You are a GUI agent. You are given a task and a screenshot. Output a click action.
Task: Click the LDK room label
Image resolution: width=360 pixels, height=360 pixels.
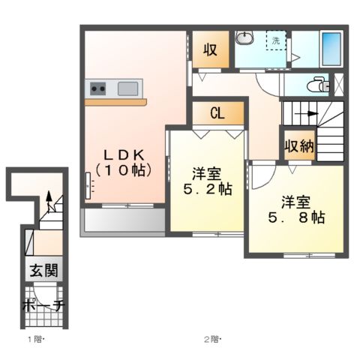click(124, 163)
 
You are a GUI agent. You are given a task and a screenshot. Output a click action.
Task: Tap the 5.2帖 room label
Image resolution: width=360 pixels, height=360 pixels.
click(208, 181)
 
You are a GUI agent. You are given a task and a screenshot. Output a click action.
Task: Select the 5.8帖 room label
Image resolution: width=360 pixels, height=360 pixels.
click(296, 210)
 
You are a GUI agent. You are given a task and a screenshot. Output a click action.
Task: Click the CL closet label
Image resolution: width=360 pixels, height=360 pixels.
click(217, 113)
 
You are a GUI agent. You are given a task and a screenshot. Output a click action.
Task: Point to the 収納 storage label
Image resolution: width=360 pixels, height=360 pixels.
click(300, 145)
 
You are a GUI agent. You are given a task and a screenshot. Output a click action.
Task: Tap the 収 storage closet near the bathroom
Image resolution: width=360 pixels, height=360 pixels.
click(210, 50)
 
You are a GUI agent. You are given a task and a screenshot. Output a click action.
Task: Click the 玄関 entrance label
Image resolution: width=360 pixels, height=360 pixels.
click(44, 270)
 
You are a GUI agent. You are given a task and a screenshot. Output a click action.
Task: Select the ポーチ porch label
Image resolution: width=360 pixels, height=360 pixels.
click(43, 305)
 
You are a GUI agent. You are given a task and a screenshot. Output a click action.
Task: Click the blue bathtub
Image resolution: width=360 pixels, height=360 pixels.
click(331, 49)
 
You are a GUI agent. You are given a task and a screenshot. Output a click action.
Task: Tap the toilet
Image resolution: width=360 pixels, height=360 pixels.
click(318, 85)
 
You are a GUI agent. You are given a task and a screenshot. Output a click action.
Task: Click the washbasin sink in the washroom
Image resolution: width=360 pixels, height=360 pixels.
click(245, 38)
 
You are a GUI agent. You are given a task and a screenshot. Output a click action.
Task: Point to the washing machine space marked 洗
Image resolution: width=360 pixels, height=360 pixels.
click(276, 40)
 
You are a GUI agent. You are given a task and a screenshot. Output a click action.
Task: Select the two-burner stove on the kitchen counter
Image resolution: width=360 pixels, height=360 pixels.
click(97, 88)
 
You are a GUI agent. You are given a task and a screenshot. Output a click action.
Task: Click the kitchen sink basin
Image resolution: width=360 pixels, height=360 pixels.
click(127, 88)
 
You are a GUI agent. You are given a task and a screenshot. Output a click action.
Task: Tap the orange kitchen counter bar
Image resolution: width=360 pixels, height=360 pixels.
click(115, 102)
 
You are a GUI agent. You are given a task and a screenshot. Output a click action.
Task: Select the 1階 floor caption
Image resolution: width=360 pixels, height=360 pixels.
click(37, 340)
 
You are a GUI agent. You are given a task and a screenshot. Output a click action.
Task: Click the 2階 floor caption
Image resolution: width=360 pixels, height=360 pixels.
click(213, 340)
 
